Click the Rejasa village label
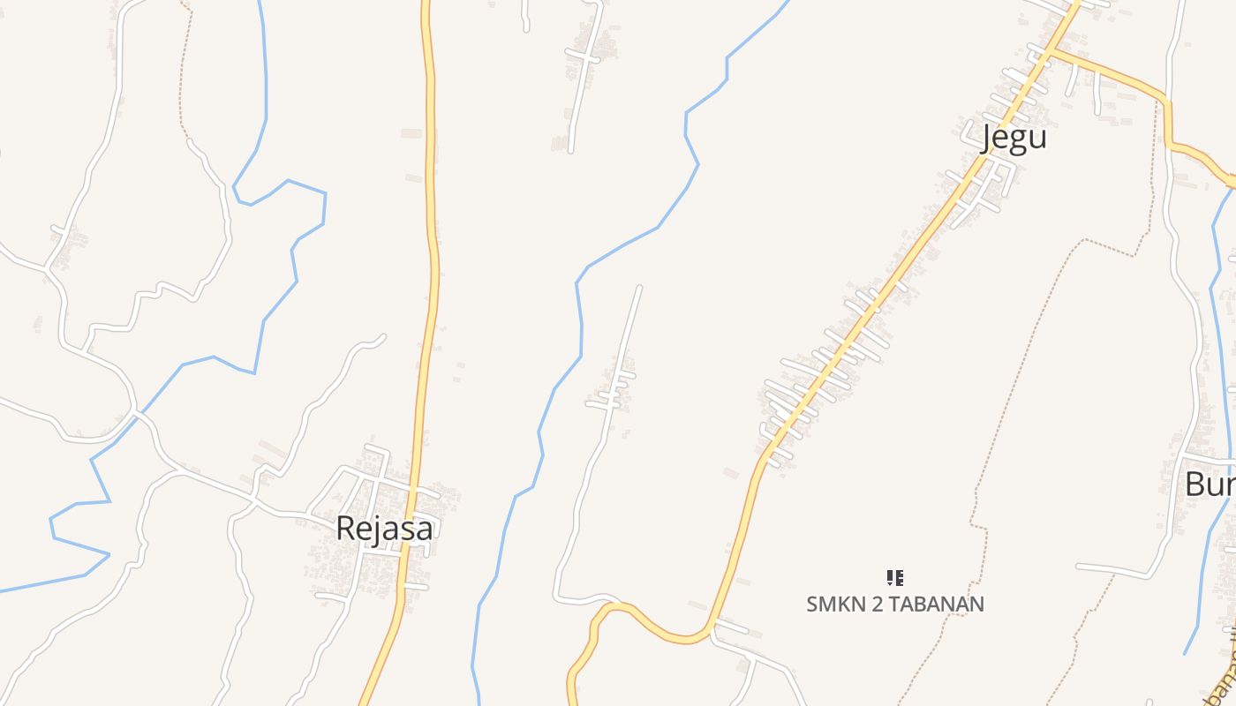click(x=385, y=528)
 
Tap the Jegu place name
click(x=1014, y=138)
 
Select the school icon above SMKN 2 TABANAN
click(x=895, y=578)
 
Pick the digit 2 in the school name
click(x=867, y=605)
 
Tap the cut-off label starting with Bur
click(x=1210, y=484)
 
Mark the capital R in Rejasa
click(x=346, y=528)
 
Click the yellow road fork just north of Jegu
click(x=1051, y=51)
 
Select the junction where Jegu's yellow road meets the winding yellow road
click(x=712, y=628)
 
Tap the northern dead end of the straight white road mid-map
click(x=639, y=287)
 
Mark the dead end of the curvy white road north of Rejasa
click(x=382, y=336)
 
